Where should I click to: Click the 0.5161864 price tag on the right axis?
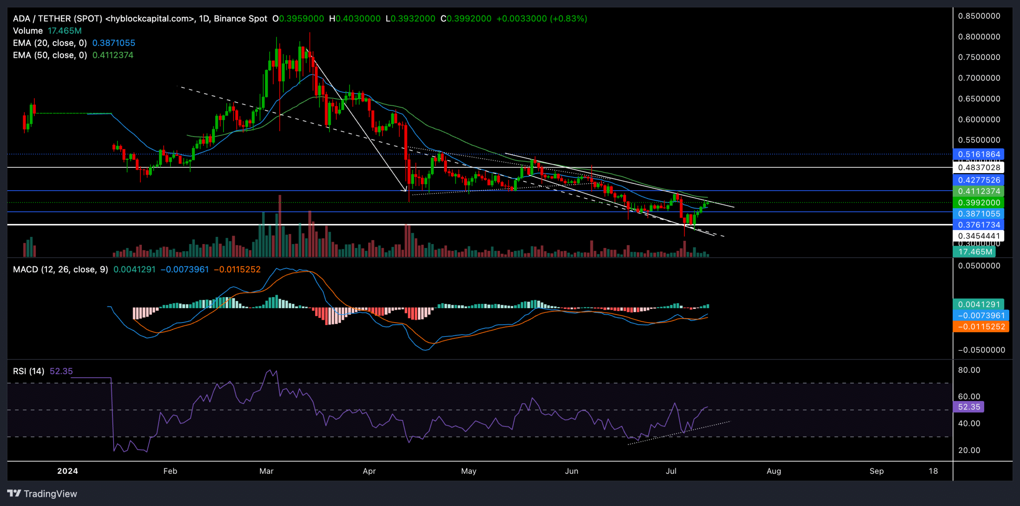point(978,154)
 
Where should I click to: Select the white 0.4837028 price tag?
point(978,167)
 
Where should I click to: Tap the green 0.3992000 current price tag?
point(978,203)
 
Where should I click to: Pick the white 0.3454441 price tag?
point(978,236)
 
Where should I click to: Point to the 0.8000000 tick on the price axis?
point(979,37)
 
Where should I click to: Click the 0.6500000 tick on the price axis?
point(979,98)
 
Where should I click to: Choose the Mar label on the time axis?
point(266,471)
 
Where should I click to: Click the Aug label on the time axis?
point(774,471)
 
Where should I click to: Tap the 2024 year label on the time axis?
point(67,471)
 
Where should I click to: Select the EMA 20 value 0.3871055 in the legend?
point(114,43)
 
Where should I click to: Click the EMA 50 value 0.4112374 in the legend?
point(113,55)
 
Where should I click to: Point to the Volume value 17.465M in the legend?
point(65,31)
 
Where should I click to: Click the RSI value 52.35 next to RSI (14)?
point(61,371)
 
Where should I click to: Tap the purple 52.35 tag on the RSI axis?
point(969,407)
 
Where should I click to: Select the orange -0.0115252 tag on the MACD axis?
point(981,327)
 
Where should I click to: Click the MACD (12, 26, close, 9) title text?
point(61,270)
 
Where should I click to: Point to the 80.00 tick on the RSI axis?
point(969,370)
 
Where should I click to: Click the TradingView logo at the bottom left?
point(42,494)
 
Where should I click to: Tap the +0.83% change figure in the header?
point(568,19)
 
